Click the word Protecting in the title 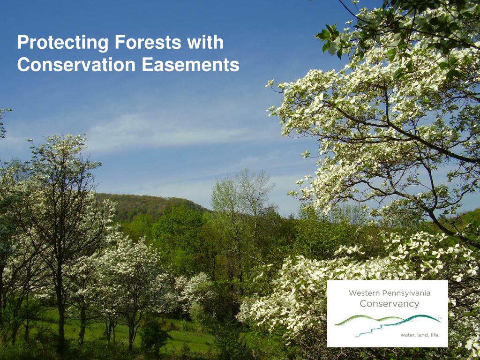coord(63,43)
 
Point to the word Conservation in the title coord(76,65)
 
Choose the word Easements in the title coord(190,65)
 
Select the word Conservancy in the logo coord(390,304)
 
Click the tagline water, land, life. coord(420,335)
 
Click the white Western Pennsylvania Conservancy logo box coord(388,314)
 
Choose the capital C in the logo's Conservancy coord(363,304)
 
